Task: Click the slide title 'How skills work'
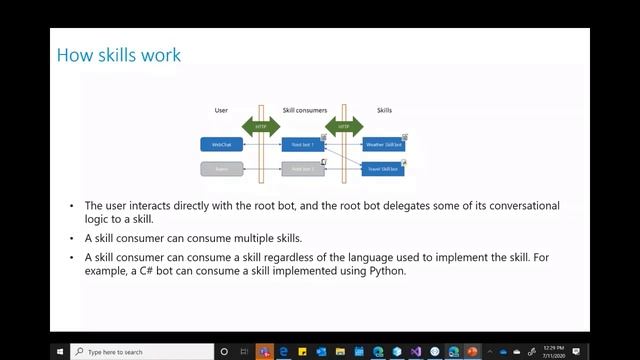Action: pyautogui.click(x=119, y=54)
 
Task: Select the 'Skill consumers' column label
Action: pyautogui.click(x=302, y=109)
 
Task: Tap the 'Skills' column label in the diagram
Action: pyautogui.click(x=384, y=109)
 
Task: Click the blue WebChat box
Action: pyautogui.click(x=221, y=145)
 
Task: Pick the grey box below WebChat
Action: pyautogui.click(x=221, y=169)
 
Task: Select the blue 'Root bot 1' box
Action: pyautogui.click(x=303, y=145)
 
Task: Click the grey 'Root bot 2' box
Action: pyautogui.click(x=303, y=169)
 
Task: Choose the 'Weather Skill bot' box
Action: pyautogui.click(x=383, y=145)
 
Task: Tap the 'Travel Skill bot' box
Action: pyautogui.click(x=383, y=169)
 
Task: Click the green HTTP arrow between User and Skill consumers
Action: pyautogui.click(x=262, y=127)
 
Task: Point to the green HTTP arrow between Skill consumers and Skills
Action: pyautogui.click(x=344, y=127)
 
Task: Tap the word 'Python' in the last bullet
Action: pyautogui.click(x=385, y=270)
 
